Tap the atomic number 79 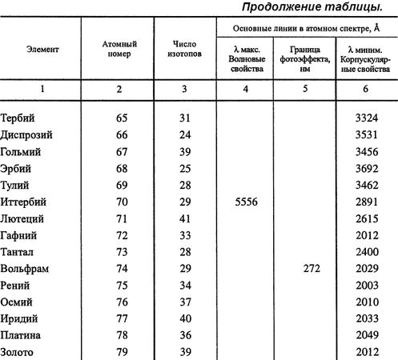click(x=122, y=352)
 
